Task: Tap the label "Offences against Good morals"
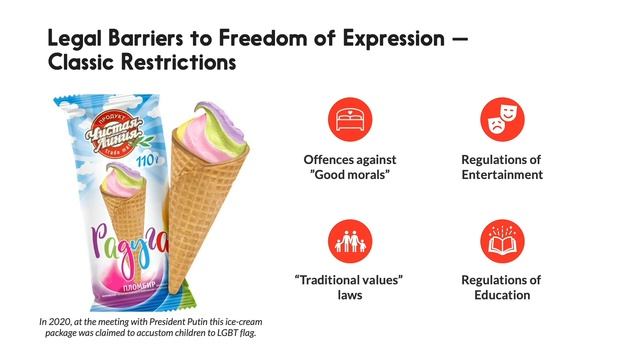point(349,167)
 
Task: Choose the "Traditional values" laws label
point(349,288)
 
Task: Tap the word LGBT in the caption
point(226,332)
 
